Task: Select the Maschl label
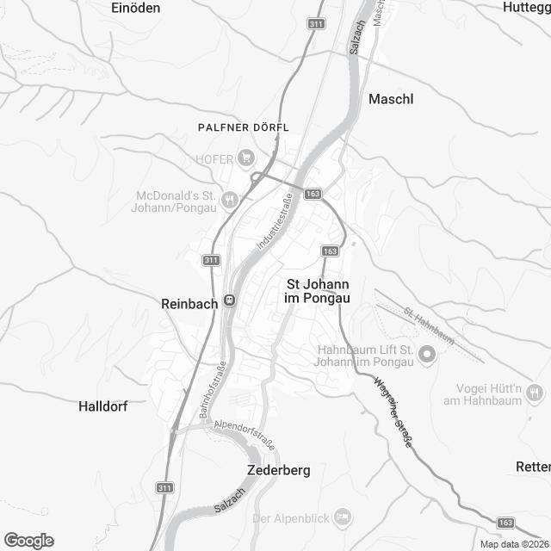[x=391, y=99]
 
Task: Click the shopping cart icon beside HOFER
[x=247, y=157]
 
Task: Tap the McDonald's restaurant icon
[x=229, y=200]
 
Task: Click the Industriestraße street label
[x=275, y=222]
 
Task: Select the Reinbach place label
[x=189, y=303]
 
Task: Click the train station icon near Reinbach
[x=229, y=300]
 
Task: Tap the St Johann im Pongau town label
[x=318, y=290]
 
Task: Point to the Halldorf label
[x=102, y=406]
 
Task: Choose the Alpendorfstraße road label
[x=245, y=433]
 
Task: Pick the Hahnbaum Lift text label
[x=367, y=355]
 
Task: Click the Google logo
[x=28, y=540]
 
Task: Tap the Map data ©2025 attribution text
[x=514, y=544]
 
